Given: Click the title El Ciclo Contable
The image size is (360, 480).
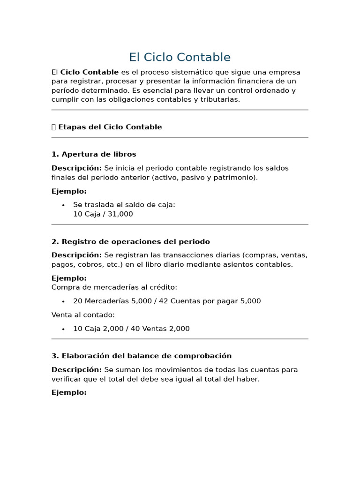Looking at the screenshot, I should pyautogui.click(x=180, y=57).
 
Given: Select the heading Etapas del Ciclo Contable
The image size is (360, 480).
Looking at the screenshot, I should pyautogui.click(x=110, y=127).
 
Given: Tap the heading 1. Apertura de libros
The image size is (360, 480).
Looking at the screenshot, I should pyautogui.click(x=94, y=154).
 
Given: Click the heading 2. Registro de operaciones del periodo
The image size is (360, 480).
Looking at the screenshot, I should pyautogui.click(x=131, y=242).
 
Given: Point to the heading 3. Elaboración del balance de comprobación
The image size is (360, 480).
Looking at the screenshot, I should pyautogui.click(x=142, y=356).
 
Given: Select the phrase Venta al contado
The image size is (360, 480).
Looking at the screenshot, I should pyautogui.click(x=83, y=315).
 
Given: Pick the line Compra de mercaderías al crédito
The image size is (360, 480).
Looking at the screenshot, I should pyautogui.click(x=114, y=287).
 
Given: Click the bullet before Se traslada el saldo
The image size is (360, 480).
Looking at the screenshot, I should pyautogui.click(x=63, y=205).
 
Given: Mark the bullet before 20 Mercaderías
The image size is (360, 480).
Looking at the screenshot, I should pyautogui.click(x=63, y=301).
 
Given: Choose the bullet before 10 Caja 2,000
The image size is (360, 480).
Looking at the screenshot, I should pyautogui.click(x=63, y=329).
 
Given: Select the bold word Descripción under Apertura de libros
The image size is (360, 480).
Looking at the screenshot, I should pyautogui.click(x=76, y=168).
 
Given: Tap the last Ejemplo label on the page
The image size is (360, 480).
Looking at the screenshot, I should pyautogui.click(x=69, y=393).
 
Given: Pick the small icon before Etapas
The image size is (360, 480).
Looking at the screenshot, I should pyautogui.click(x=53, y=127).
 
